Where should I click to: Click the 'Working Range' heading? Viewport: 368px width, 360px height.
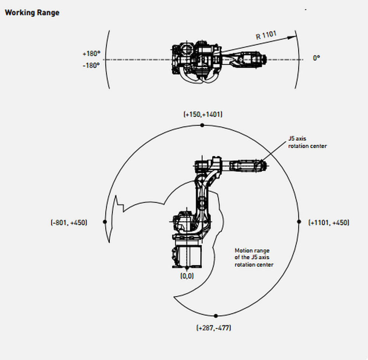coord(32,13)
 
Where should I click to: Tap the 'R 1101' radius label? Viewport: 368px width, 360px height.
coord(266,36)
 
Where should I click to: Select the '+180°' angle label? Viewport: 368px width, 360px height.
coord(91,54)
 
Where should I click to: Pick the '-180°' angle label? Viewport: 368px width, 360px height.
coord(91,65)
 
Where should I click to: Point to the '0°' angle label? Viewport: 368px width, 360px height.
coord(316,58)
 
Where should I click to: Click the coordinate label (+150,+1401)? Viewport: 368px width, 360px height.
coord(202,114)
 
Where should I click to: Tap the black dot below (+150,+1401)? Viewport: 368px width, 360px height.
coord(202,125)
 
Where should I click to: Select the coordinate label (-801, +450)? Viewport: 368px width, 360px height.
coord(69,222)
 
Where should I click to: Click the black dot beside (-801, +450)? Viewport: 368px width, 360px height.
coord(105,222)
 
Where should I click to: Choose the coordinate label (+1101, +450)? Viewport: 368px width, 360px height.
coord(329,222)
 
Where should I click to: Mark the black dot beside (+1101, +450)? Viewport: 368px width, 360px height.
coord(299,221)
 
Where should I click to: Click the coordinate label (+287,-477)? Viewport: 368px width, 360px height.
coord(214,328)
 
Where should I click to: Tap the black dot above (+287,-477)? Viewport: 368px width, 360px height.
coord(216,316)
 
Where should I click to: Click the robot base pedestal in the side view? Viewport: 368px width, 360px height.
coord(187,254)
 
